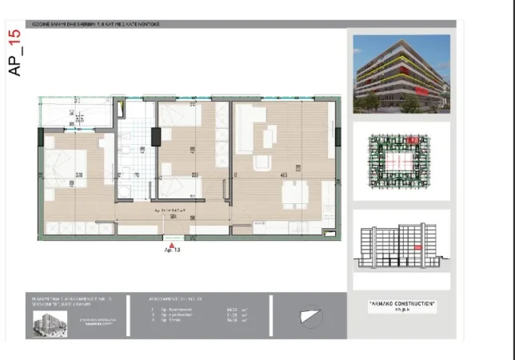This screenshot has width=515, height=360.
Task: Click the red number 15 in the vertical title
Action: click(x=14, y=39)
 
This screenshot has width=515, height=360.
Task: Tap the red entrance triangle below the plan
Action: click(x=171, y=241)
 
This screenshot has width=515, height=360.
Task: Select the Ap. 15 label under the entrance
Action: click(x=171, y=250)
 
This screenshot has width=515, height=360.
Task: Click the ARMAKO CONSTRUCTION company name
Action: click(x=401, y=305)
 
